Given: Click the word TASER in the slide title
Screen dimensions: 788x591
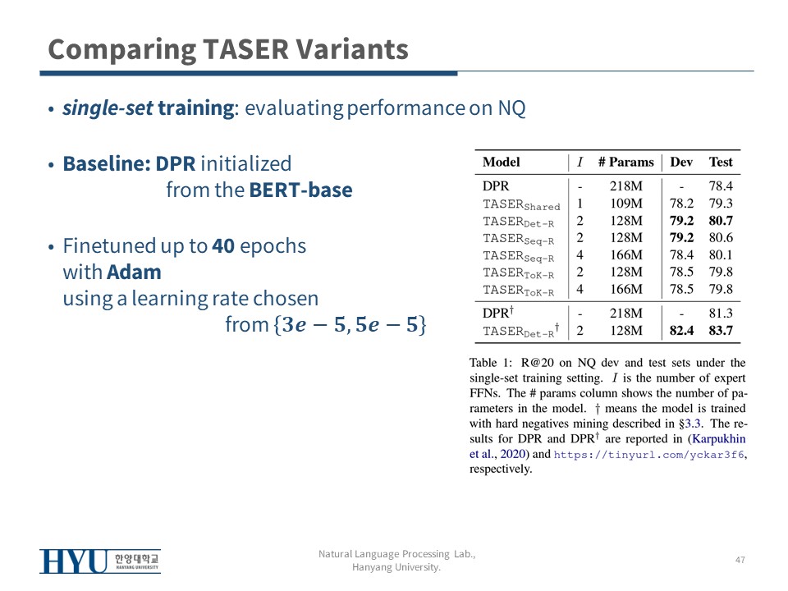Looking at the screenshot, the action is pyautogui.click(x=245, y=49).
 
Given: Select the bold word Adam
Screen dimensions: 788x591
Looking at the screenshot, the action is pyautogui.click(x=134, y=273).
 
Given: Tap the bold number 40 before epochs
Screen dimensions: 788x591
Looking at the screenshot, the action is pyautogui.click(x=223, y=246).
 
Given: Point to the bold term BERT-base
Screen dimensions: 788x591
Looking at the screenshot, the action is pyautogui.click(x=300, y=190).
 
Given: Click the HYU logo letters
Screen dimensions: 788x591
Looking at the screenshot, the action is pyautogui.click(x=73, y=561).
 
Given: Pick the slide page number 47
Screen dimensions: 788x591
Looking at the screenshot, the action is pyautogui.click(x=740, y=560).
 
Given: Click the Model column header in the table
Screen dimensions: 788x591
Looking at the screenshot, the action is pyautogui.click(x=501, y=163).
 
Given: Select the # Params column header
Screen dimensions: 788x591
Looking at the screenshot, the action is pyautogui.click(x=626, y=163).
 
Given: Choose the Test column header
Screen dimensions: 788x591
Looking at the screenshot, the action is pyautogui.click(x=721, y=163).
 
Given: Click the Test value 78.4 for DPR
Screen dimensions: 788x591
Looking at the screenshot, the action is pyautogui.click(x=721, y=186).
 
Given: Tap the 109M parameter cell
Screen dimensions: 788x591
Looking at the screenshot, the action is pyautogui.click(x=626, y=203).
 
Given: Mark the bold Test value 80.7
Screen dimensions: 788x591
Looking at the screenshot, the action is pyautogui.click(x=721, y=221).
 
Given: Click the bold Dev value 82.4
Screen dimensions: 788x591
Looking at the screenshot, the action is pyautogui.click(x=681, y=331).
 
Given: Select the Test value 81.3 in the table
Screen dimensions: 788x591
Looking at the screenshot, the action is pyautogui.click(x=721, y=313).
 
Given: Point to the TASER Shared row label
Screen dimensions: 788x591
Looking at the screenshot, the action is pyautogui.click(x=521, y=204).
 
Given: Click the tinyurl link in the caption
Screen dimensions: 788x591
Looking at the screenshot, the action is pyautogui.click(x=648, y=454).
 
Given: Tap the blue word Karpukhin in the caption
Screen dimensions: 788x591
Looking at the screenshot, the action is pyautogui.click(x=719, y=438).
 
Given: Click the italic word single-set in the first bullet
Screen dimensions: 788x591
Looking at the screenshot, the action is pyautogui.click(x=108, y=108).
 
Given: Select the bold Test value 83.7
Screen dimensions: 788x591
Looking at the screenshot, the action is pyautogui.click(x=721, y=331).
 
